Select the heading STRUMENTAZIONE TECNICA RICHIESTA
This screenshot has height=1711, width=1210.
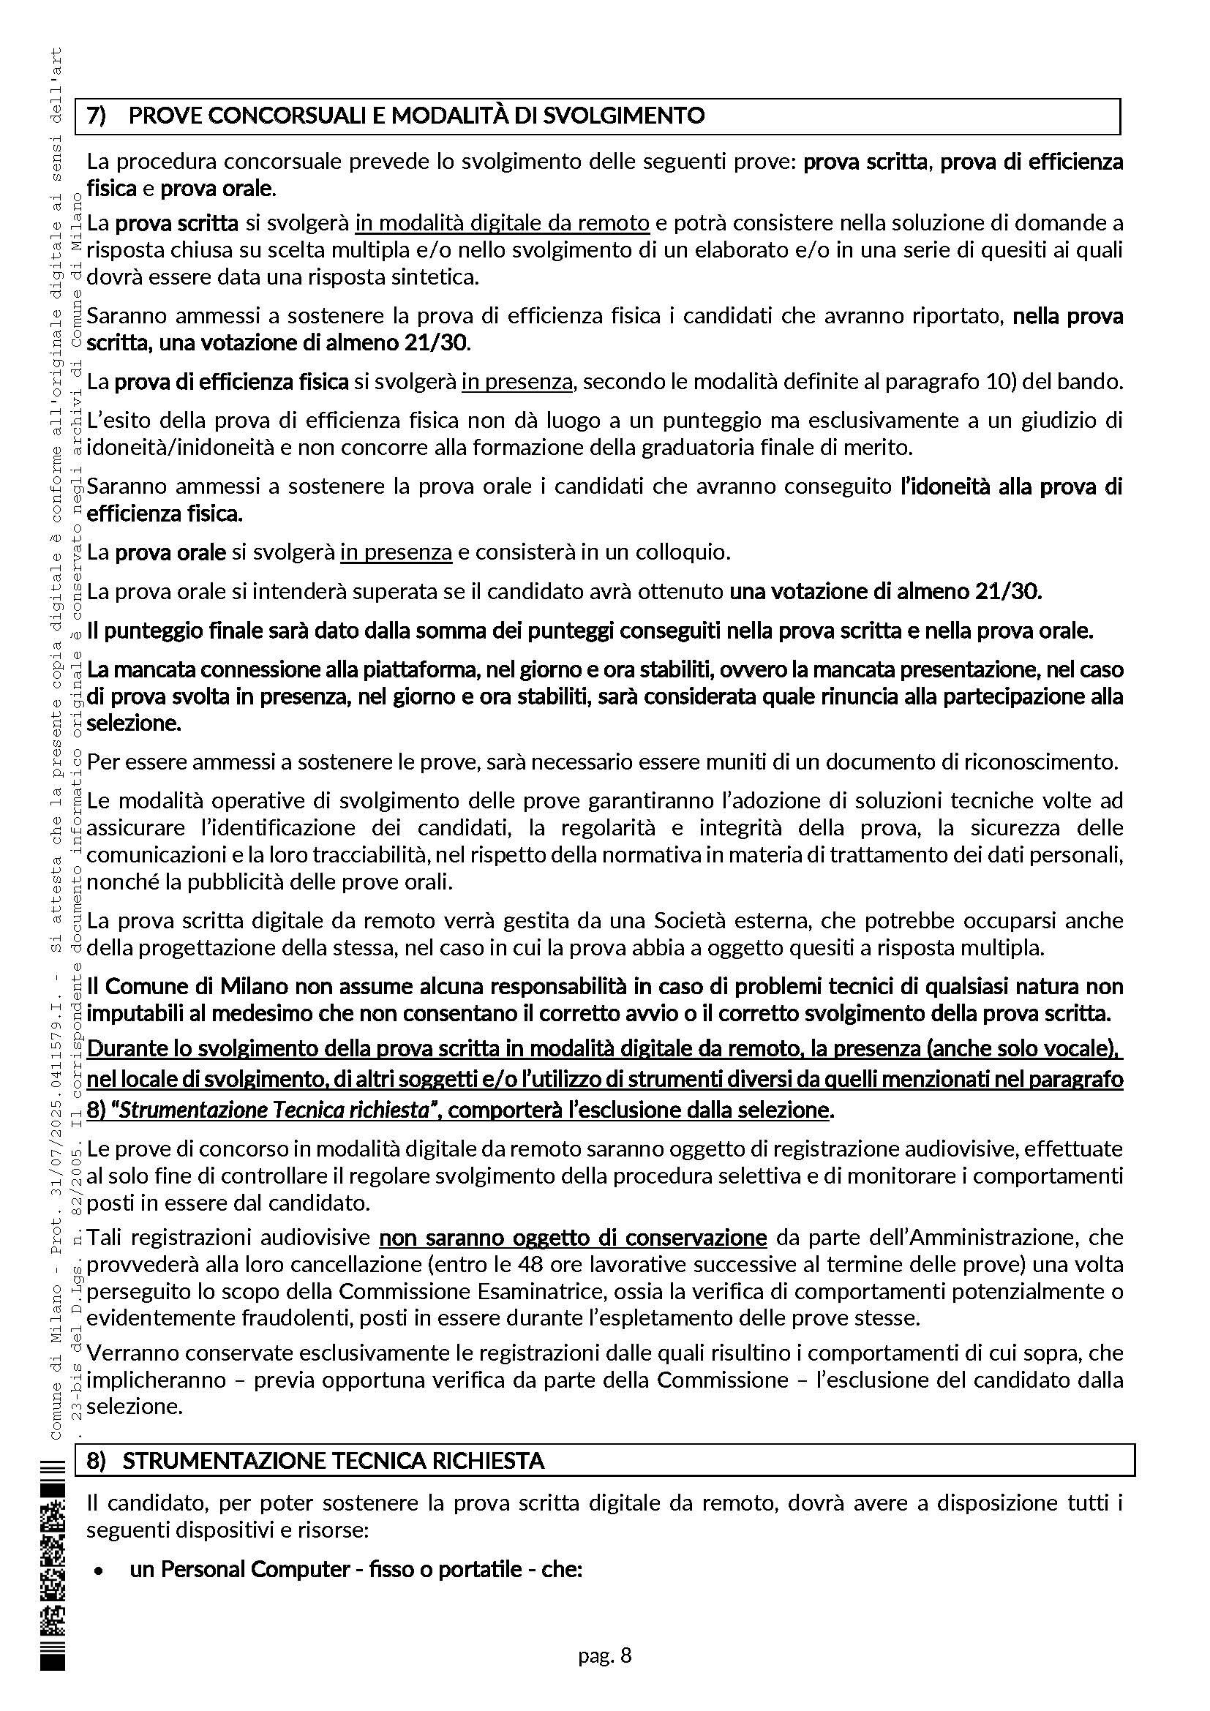(x=333, y=1461)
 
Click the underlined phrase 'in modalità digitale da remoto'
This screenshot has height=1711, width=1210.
(x=501, y=223)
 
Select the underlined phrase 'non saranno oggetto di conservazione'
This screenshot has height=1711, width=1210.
(x=572, y=1238)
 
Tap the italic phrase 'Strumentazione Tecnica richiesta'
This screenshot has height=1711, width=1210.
(x=274, y=1110)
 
